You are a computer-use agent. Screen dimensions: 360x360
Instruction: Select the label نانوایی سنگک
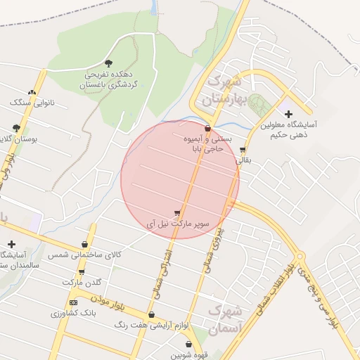tap(27, 103)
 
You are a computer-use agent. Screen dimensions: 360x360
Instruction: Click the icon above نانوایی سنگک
tap(31, 92)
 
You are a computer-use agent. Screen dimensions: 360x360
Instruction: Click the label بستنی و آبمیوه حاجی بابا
tap(205, 144)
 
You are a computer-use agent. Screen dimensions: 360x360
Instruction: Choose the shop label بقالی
tap(242, 160)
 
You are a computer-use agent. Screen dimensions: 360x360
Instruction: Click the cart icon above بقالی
tap(243, 150)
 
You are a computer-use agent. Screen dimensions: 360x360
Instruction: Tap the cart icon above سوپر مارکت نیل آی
tap(176, 213)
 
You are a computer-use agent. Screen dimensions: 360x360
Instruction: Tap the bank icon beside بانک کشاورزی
tap(73, 302)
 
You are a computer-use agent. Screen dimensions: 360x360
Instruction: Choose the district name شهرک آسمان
tap(226, 318)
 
